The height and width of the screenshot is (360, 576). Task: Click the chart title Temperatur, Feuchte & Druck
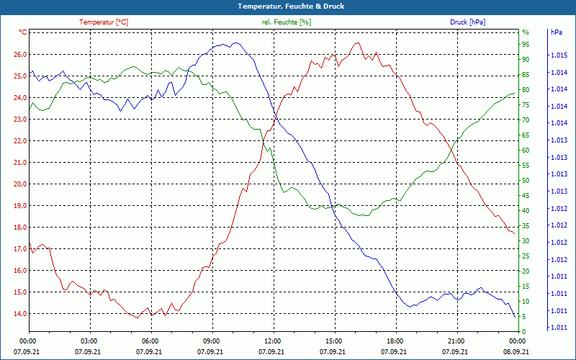[288, 6]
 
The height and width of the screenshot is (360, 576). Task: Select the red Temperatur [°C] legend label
[104, 22]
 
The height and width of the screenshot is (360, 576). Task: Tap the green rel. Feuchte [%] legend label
[287, 22]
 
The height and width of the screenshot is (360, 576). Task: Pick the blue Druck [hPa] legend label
[467, 22]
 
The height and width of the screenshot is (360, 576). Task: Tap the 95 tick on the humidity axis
[526, 44]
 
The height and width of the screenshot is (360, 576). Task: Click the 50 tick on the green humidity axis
[526, 180]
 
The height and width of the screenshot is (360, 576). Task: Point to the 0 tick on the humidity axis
[524, 331]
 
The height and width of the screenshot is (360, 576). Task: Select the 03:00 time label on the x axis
[89, 341]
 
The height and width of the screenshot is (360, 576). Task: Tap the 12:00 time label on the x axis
[272, 341]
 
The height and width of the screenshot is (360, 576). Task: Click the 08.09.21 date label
[516, 351]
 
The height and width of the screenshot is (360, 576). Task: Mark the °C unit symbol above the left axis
[22, 32]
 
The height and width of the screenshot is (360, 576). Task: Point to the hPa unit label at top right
[557, 32]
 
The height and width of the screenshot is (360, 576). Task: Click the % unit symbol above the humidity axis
[526, 32]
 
